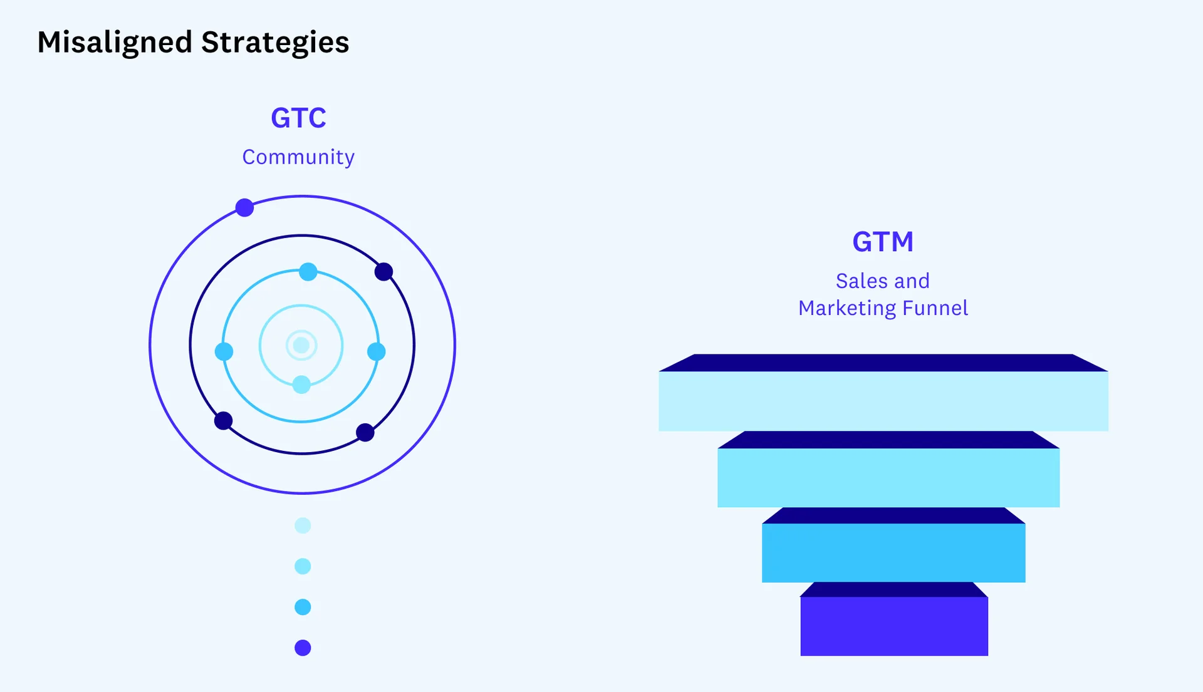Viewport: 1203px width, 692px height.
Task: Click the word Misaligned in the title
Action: [x=115, y=43]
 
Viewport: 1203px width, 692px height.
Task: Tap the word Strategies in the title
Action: [x=275, y=43]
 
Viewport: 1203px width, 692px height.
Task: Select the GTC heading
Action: [x=298, y=118]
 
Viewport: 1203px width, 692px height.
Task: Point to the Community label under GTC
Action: [x=298, y=157]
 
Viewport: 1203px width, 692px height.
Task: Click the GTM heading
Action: [x=883, y=242]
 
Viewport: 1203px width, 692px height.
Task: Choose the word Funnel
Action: [x=935, y=307]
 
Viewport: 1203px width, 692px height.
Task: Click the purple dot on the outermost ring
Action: [x=244, y=207]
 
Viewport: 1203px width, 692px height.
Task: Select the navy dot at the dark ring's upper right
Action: [x=383, y=272]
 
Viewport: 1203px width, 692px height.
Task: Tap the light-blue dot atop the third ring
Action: [x=308, y=272]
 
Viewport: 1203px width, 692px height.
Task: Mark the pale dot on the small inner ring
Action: [x=301, y=385]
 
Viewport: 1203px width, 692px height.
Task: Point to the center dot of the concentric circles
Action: [x=301, y=345]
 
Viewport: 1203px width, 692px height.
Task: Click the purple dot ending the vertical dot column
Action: [x=303, y=648]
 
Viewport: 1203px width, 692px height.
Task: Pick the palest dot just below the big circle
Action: [x=303, y=525]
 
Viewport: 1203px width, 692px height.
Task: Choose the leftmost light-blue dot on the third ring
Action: [x=224, y=351]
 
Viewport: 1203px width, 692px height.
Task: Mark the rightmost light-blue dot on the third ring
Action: [x=376, y=351]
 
